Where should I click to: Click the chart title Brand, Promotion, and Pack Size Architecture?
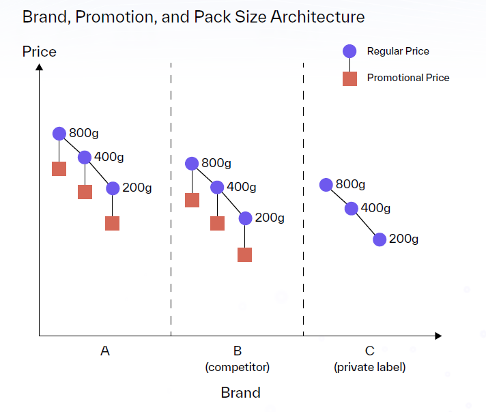coord(193,16)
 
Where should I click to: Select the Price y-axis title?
coord(39,52)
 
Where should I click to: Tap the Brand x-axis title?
coord(240,392)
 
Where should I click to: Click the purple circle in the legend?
coord(349,51)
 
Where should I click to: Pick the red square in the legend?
coord(349,78)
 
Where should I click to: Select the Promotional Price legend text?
coord(408,78)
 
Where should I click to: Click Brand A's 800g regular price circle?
coord(59,133)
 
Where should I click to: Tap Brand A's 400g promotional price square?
coord(85,192)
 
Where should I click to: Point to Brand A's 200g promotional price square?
coord(112,223)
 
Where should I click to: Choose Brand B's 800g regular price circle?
coord(192,163)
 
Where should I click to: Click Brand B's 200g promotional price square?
coord(244,254)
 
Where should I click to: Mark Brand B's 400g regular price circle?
coord(217,187)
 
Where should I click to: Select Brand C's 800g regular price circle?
coord(326,184)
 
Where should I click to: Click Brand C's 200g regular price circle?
coord(380,239)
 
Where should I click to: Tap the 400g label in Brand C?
coord(375,208)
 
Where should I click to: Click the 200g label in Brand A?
coord(137,188)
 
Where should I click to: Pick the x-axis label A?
coord(104,351)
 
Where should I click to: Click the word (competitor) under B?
coord(238,367)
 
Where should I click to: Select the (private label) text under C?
coord(369,367)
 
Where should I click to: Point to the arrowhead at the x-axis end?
coord(438,336)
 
